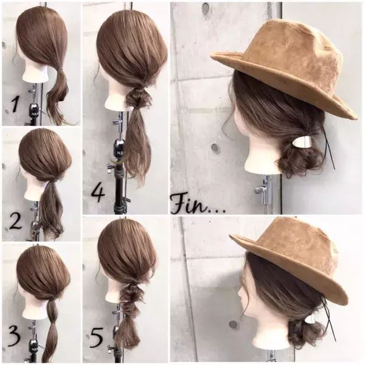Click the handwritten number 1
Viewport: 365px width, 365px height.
click(x=15, y=104)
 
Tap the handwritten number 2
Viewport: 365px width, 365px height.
click(x=15, y=221)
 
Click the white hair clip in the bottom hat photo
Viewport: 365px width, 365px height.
click(x=310, y=319)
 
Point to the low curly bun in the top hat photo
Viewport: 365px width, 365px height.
click(x=293, y=163)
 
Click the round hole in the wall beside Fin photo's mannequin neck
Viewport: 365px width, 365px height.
click(x=215, y=148)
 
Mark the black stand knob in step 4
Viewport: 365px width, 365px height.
click(x=119, y=147)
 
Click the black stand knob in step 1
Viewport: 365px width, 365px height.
click(x=35, y=110)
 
